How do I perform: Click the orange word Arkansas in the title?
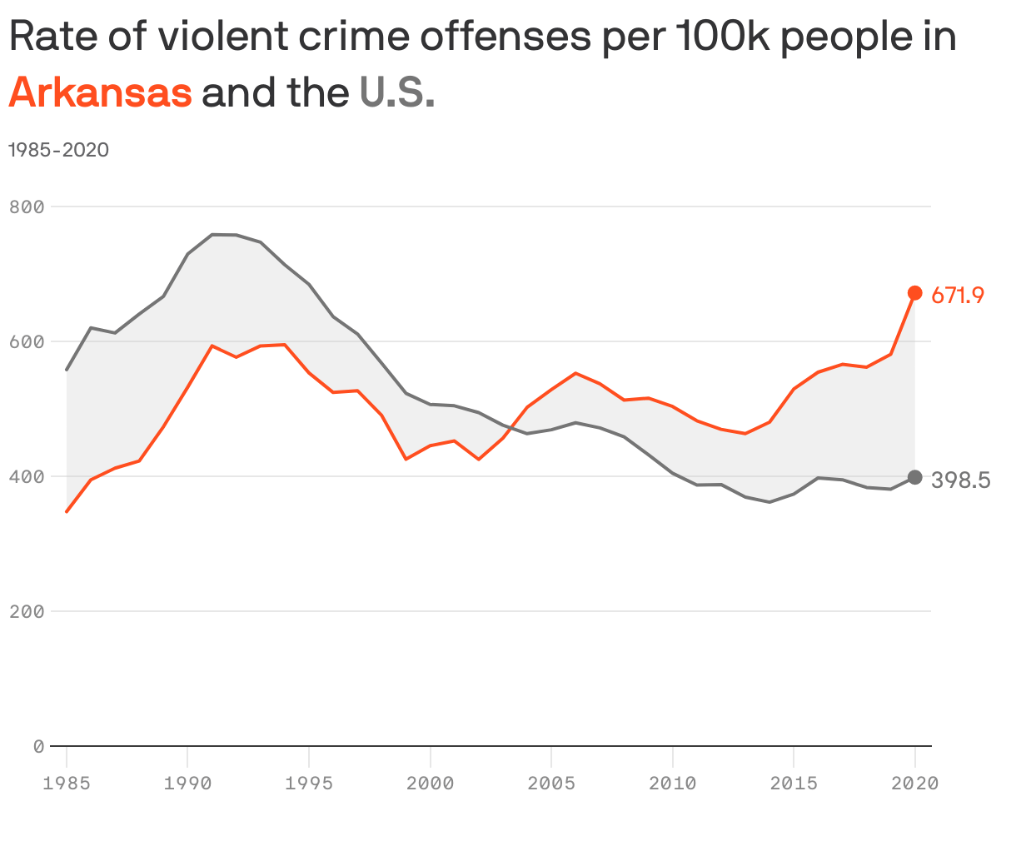tap(100, 92)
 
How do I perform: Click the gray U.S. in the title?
tap(396, 92)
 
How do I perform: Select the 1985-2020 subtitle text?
tap(58, 150)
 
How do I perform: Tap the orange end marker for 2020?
tap(914, 292)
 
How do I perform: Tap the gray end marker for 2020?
tap(914, 477)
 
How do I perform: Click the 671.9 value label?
tap(958, 295)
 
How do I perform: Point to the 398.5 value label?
tap(960, 480)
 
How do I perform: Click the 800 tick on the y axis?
tap(26, 207)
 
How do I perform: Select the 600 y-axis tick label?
tap(26, 341)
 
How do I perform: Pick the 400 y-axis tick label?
tap(26, 476)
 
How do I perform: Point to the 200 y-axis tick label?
tap(26, 611)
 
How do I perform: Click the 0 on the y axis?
tap(38, 746)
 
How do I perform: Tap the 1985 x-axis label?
tap(67, 784)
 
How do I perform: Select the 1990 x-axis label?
tap(187, 784)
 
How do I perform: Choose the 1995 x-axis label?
tap(309, 784)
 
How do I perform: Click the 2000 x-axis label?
tap(430, 784)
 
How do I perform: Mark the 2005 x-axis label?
tap(551, 784)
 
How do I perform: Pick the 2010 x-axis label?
tap(672, 784)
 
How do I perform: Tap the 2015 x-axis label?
tap(794, 784)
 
